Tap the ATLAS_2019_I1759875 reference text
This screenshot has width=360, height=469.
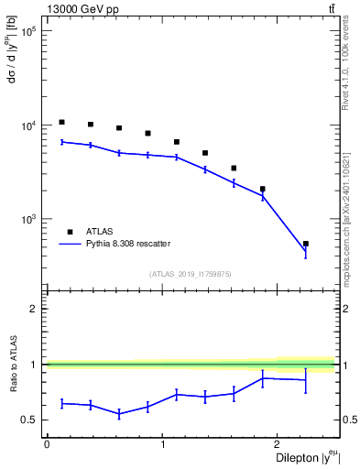190,274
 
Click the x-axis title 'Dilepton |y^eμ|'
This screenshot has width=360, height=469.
299,458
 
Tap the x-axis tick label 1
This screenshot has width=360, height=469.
163,444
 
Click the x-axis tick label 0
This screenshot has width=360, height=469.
47,444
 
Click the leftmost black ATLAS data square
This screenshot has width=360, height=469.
61,122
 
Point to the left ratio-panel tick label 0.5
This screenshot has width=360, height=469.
29,420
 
